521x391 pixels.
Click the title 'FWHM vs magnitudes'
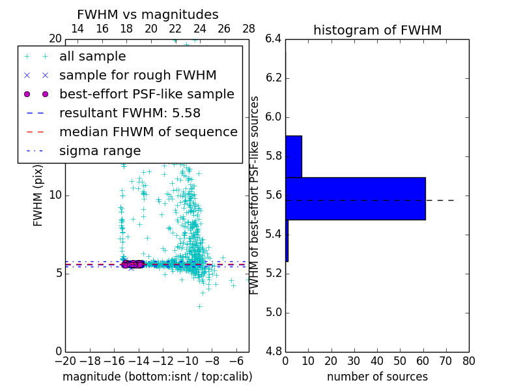(148, 14)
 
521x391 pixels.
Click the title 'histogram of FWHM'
(377, 30)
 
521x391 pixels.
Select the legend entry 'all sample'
(92, 57)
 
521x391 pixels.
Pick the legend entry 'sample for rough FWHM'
(137, 75)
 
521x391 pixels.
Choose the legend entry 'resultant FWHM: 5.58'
(130, 113)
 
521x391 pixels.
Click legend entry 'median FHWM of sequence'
(148, 132)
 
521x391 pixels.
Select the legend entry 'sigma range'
(100, 151)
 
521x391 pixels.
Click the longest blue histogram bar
(356, 198)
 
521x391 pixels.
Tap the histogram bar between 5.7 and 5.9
(294, 156)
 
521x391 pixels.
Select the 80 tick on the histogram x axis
(468, 360)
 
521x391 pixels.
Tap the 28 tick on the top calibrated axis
(249, 29)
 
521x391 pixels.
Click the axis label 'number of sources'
(377, 377)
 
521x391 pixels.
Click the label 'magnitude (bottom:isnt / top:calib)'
(157, 377)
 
